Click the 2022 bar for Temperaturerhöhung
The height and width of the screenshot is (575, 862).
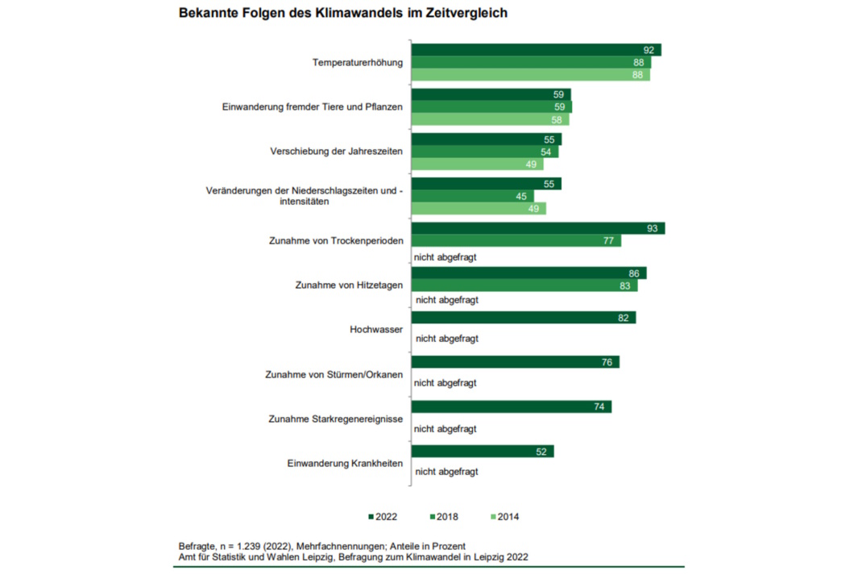(x=536, y=50)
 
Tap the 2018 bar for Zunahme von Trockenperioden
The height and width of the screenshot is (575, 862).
(x=516, y=240)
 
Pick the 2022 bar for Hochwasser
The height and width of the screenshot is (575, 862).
(x=524, y=318)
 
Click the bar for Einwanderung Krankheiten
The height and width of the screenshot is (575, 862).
(x=483, y=452)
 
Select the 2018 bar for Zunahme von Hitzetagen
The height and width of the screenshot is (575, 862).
(x=524, y=285)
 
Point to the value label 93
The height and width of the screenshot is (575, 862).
(x=652, y=228)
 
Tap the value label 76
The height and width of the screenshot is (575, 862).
(x=607, y=362)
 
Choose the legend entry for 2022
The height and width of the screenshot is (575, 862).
(x=383, y=517)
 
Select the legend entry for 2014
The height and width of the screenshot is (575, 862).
(x=505, y=517)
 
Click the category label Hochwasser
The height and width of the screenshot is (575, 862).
(x=375, y=329)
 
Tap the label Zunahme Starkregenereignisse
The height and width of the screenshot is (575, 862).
(x=334, y=419)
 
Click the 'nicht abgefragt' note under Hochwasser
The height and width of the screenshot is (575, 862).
(x=446, y=338)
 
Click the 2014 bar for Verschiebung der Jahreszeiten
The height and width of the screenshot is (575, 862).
(x=477, y=165)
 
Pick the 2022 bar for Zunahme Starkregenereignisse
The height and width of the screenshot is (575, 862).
(x=512, y=406)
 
